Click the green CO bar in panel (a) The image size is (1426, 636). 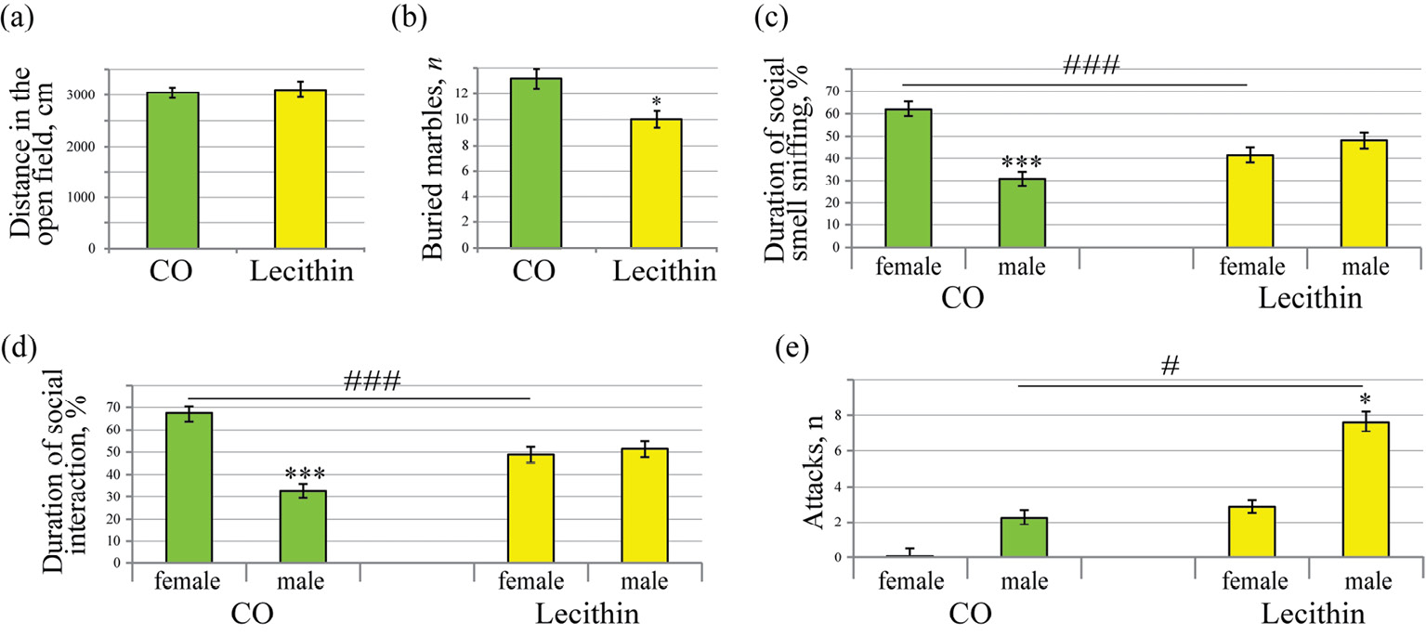pyautogui.click(x=172, y=171)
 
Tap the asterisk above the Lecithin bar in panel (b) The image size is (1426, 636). pyautogui.click(x=656, y=100)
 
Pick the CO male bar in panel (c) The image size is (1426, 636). pyautogui.click(x=1022, y=214)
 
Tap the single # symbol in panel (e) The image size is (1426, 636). pyautogui.click(x=1171, y=369)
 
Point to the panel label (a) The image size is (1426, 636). pyautogui.click(x=20, y=19)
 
